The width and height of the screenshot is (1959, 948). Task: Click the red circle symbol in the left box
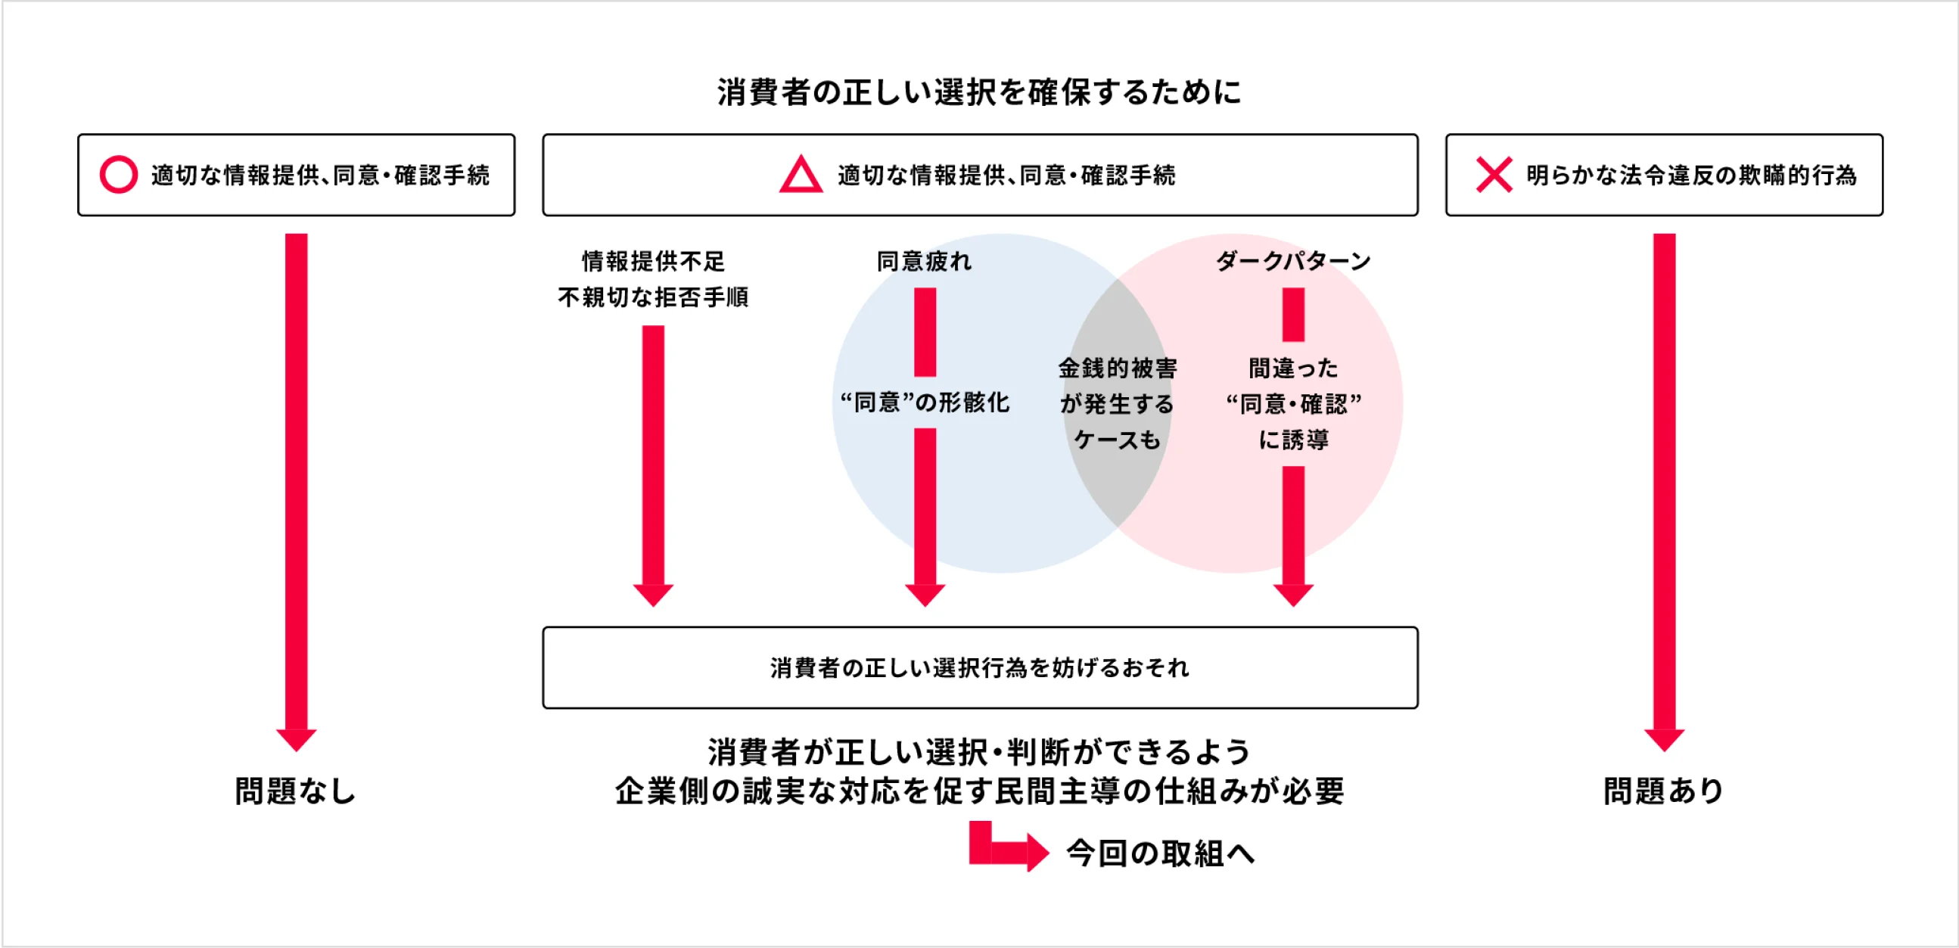119,175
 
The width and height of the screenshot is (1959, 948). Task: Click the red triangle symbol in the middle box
800,176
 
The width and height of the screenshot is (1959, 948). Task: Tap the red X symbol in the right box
1494,175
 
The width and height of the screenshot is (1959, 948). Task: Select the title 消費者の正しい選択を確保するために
979,92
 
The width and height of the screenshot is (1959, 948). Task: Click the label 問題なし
295,791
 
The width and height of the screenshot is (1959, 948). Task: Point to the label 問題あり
1664,791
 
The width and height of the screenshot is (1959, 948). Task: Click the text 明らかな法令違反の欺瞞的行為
1691,176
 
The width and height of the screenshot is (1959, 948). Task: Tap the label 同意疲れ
924,262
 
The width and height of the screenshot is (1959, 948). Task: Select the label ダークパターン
1293,262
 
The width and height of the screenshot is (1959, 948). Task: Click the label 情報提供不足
653,262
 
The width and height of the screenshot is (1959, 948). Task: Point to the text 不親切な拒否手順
653,297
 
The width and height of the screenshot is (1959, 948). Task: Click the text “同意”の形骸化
924,403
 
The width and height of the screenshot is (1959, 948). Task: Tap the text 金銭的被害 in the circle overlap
1117,368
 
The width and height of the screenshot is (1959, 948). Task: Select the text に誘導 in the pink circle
1293,440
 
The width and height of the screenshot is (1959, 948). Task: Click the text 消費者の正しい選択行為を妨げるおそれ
979,667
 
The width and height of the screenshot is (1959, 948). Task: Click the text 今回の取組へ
1160,853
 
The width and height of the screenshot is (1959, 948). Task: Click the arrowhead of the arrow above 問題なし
296,739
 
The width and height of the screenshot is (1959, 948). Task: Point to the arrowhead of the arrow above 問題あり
1664,739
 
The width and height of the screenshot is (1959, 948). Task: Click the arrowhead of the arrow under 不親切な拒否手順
653,595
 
